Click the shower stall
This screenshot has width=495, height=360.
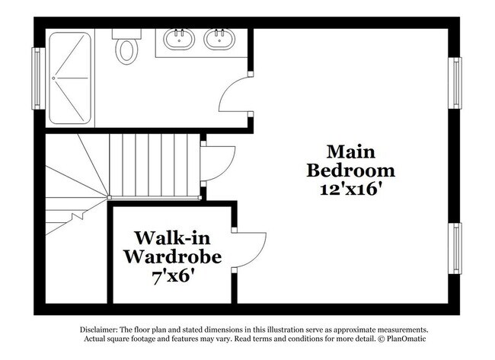pos(69,77)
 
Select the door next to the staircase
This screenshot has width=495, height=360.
pos(216,162)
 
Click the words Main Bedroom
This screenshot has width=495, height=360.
pos(350,161)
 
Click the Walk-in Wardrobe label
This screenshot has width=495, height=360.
pos(174,247)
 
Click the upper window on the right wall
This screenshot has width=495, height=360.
pos(455,83)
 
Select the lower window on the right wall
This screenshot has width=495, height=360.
pos(455,248)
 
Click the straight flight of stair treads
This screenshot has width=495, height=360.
pos(154,164)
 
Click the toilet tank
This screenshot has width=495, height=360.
pos(126,33)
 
